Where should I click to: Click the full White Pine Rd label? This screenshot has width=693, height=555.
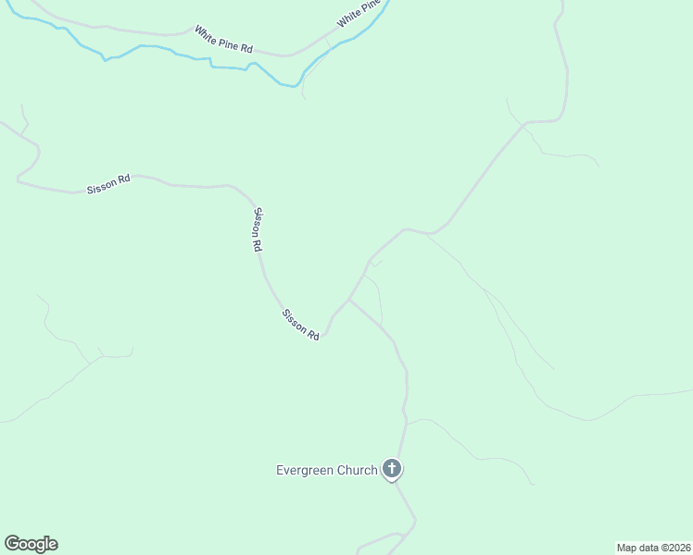coord(223,40)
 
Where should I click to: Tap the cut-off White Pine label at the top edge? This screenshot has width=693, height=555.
coord(359,14)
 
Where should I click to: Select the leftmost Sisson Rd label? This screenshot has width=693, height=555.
coord(108,184)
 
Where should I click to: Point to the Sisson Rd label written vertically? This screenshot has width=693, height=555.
coord(258,229)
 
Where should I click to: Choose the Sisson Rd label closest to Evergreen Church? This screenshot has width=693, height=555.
coord(301,325)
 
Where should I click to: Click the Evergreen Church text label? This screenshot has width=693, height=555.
coord(327,470)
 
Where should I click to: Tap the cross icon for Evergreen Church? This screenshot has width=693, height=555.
coord(392,469)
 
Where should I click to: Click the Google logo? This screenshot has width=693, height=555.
coord(31,544)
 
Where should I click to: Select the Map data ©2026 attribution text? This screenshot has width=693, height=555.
coord(653,548)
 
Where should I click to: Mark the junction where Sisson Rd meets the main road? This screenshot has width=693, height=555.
coord(348,300)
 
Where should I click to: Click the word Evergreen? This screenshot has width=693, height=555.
coord(303,470)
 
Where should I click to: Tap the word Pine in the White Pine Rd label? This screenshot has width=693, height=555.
coord(228,41)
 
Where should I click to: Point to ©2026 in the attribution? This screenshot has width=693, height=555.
coord(674,548)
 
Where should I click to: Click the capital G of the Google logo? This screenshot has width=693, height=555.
coord(12,544)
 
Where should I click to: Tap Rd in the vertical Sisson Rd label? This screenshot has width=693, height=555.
coord(258,246)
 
